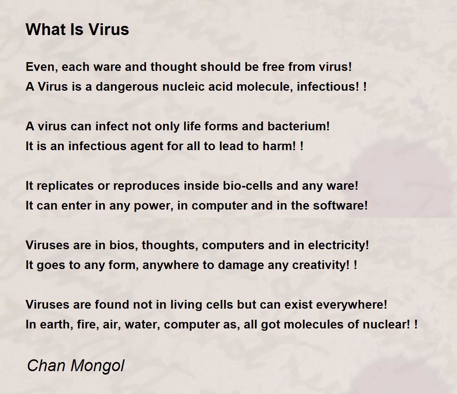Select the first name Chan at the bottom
pos(46,365)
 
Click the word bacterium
pos(299,126)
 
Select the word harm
pos(279,146)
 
